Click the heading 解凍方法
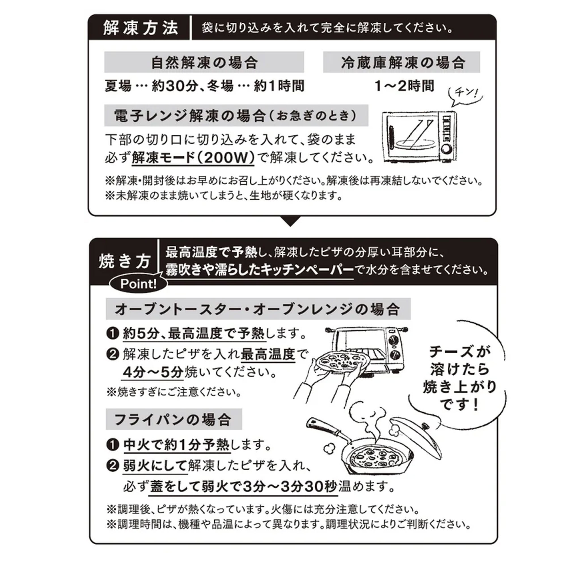click(141, 28)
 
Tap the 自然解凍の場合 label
click(204, 62)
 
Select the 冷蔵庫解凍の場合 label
click(403, 62)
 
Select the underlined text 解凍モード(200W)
click(193, 158)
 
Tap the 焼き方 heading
click(124, 261)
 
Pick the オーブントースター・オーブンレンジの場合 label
click(258, 309)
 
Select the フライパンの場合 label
click(173, 420)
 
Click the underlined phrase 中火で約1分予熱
click(177, 445)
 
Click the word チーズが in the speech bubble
click(460, 351)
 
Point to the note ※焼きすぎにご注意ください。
click(174, 392)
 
